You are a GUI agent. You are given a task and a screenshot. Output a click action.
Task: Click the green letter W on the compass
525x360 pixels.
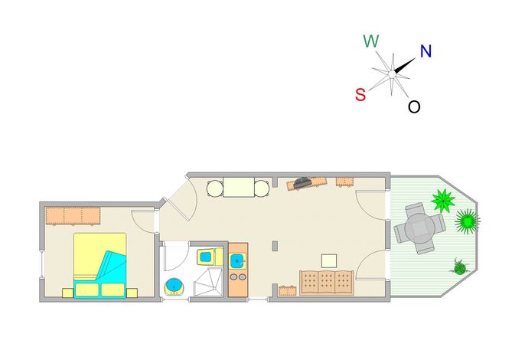click(371, 41)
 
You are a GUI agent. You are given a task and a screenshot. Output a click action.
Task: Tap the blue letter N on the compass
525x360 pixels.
click(426, 51)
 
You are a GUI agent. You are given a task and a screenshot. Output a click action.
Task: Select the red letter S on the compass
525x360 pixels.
click(360, 94)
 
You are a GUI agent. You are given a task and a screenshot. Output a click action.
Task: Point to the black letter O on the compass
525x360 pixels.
click(414, 107)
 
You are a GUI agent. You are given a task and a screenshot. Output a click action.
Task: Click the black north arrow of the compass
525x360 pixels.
click(405, 64)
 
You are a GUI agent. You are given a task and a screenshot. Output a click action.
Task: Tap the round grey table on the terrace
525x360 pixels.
click(420, 228)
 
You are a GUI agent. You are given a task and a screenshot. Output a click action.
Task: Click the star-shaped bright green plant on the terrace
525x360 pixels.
click(443, 201)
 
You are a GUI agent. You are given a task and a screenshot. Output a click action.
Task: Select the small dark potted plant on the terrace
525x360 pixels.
click(459, 267)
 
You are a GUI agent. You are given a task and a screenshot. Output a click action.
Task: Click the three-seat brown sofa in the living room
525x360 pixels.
click(327, 283)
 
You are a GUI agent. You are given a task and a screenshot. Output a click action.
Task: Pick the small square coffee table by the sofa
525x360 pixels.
click(329, 260)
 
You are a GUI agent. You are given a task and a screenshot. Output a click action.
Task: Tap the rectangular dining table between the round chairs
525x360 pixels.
click(239, 188)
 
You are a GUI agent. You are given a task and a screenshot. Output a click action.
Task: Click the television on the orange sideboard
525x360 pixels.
click(303, 183)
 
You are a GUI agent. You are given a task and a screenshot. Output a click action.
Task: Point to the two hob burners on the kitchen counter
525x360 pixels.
click(238, 277)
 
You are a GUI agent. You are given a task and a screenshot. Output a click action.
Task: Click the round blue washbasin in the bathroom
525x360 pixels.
click(174, 286)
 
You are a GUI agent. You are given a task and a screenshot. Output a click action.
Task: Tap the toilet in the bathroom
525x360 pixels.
click(209, 257)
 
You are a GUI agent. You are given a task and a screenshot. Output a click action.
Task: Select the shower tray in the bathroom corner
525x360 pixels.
click(208, 282)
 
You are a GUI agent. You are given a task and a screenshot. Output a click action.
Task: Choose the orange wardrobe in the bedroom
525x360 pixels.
click(73, 215)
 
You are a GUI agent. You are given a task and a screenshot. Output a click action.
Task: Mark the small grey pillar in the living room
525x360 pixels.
click(275, 246)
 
